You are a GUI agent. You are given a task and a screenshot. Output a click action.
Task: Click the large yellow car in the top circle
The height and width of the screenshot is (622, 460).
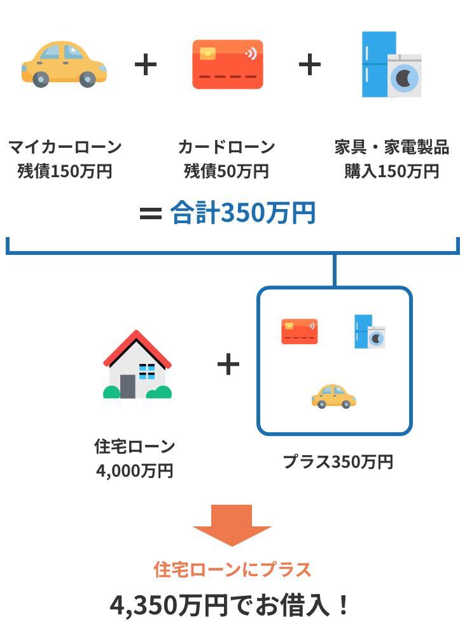[64, 64]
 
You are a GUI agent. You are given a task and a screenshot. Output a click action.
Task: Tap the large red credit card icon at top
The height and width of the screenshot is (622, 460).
[227, 64]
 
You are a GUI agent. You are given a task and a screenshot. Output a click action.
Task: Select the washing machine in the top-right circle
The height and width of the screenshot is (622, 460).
[405, 75]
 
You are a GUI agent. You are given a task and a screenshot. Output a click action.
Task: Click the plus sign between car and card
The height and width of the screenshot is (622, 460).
[146, 65]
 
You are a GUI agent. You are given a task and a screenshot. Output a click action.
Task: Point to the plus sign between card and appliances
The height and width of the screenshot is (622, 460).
[310, 65]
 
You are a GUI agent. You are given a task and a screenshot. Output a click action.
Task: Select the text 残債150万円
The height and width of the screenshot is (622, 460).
[64, 171]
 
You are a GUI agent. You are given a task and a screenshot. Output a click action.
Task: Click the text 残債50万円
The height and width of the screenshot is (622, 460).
[227, 171]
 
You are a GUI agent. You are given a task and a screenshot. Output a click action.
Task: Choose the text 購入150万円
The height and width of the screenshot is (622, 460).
[392, 171]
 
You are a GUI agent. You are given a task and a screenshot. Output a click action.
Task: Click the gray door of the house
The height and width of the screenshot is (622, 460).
[127, 386]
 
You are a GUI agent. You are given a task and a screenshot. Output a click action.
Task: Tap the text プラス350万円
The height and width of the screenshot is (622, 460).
[338, 461]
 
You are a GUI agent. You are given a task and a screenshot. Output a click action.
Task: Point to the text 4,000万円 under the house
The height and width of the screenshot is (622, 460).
[134, 470]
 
